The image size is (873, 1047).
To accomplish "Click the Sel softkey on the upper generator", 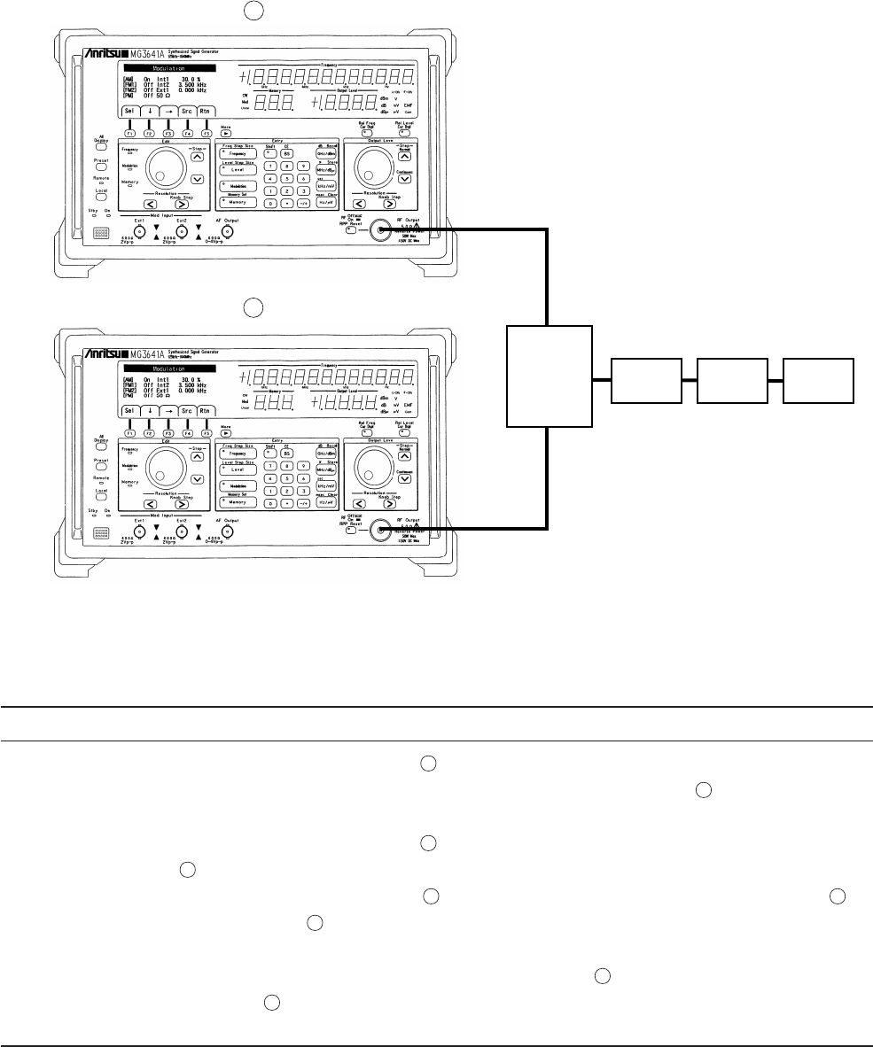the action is pyautogui.click(x=129, y=112).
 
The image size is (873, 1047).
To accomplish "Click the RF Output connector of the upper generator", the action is pyautogui.click(x=382, y=230).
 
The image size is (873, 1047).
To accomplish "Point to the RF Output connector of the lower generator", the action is pyautogui.click(x=382, y=531).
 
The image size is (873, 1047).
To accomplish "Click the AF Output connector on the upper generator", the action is pyautogui.click(x=227, y=231).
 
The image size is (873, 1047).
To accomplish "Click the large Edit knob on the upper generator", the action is pyautogui.click(x=164, y=169).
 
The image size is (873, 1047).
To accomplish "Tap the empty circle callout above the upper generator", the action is pyautogui.click(x=253, y=11).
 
